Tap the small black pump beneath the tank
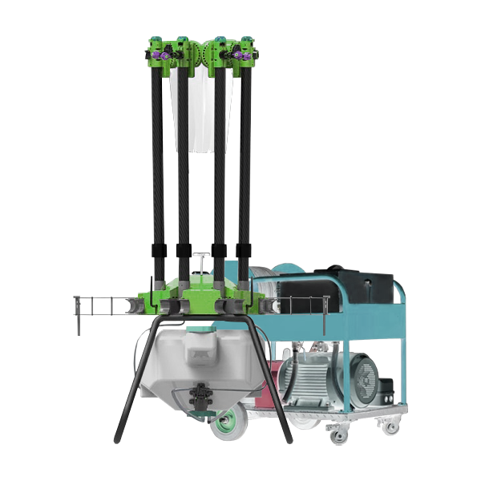(x=197, y=396)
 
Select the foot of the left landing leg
(x=118, y=439)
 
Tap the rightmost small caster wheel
(x=390, y=426)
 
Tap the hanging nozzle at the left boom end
(x=77, y=317)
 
